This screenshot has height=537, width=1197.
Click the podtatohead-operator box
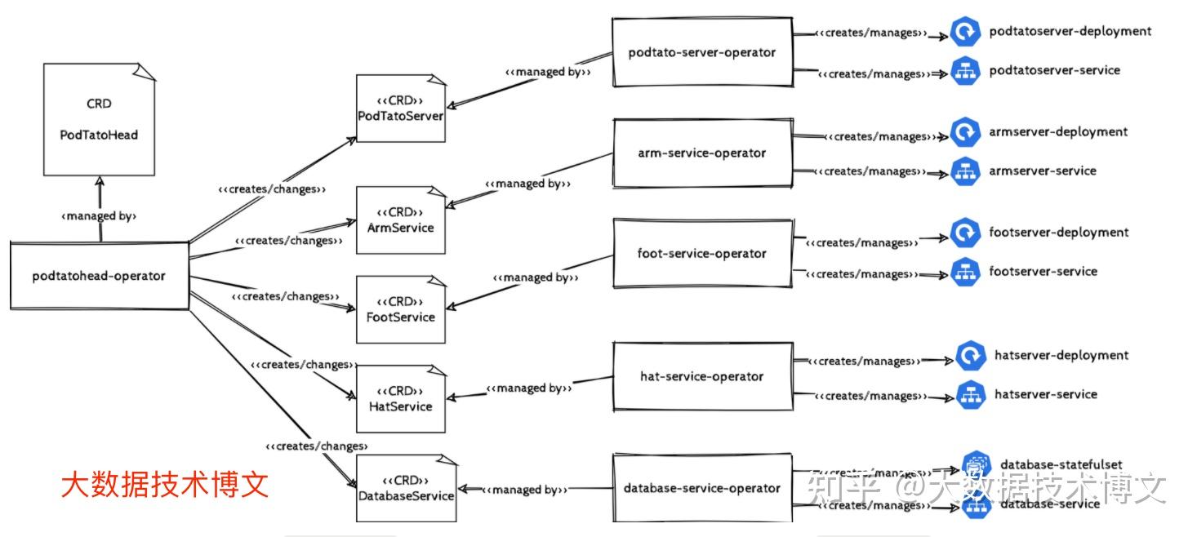click(x=99, y=276)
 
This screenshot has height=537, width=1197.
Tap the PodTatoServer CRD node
click(x=400, y=109)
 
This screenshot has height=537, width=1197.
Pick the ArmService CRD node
click(x=400, y=220)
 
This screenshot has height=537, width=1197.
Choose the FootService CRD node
click(x=400, y=310)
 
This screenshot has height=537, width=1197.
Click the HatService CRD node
click(x=400, y=399)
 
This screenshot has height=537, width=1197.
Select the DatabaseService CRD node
click(x=406, y=488)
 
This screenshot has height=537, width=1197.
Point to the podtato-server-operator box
click(x=702, y=52)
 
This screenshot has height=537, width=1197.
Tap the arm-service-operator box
click(x=702, y=153)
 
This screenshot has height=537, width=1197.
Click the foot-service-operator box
click(x=702, y=253)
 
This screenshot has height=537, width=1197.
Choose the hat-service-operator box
click(x=702, y=376)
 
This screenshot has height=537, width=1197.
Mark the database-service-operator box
click(x=702, y=488)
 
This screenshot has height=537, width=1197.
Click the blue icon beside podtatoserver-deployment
click(x=965, y=33)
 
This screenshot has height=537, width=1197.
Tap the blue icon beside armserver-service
click(x=965, y=171)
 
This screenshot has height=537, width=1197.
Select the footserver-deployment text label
click(x=1058, y=233)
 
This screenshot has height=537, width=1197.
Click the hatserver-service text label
click(x=1045, y=394)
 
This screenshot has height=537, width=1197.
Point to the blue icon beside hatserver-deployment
click(x=971, y=357)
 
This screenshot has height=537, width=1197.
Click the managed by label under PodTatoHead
click(x=99, y=217)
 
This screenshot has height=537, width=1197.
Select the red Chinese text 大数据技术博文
click(x=165, y=486)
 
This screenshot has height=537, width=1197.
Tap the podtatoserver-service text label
click(x=1054, y=70)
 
